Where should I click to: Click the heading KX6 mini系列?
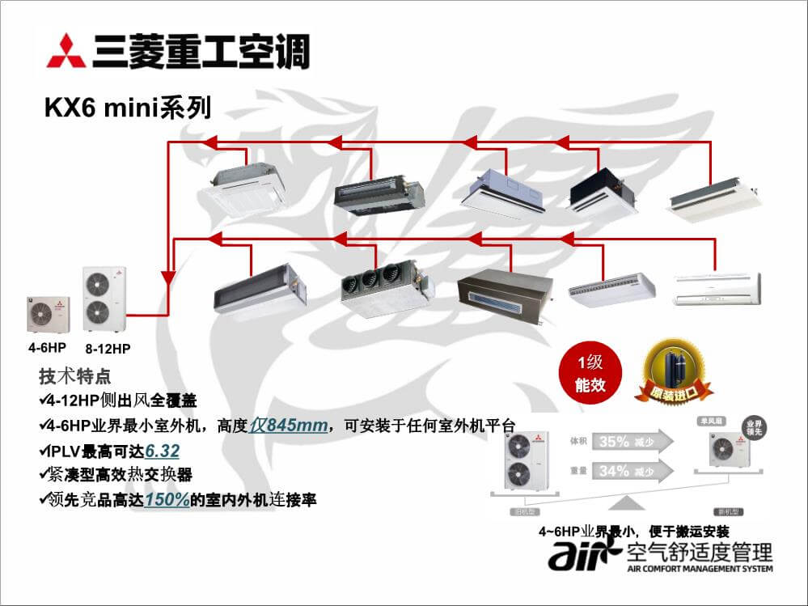coord(128,108)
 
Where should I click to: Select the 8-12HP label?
coord(108,349)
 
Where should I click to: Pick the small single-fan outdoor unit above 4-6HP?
coord(49,314)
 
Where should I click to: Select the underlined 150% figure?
coord(167,500)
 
